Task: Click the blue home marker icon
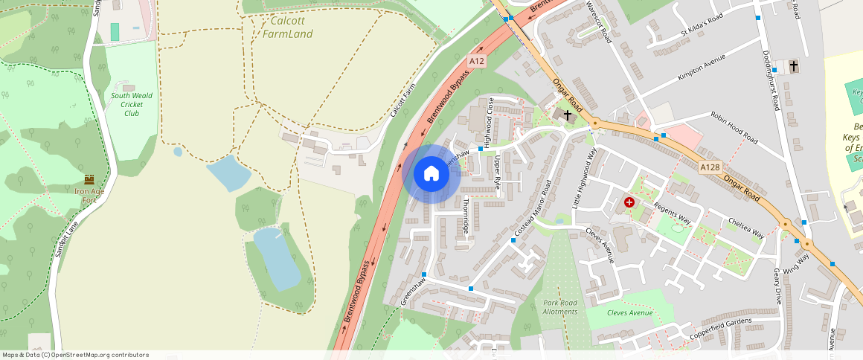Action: click(x=431, y=174)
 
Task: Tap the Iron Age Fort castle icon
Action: click(x=90, y=179)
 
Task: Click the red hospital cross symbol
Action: click(x=629, y=202)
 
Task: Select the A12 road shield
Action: click(x=477, y=61)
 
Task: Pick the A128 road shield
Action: click(x=710, y=167)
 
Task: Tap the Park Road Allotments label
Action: click(x=560, y=307)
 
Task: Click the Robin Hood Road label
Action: click(x=734, y=128)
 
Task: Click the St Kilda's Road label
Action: click(x=702, y=27)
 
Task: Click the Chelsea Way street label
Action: click(x=746, y=228)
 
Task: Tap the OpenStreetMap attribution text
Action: click(x=75, y=355)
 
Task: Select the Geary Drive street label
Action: click(x=778, y=286)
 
